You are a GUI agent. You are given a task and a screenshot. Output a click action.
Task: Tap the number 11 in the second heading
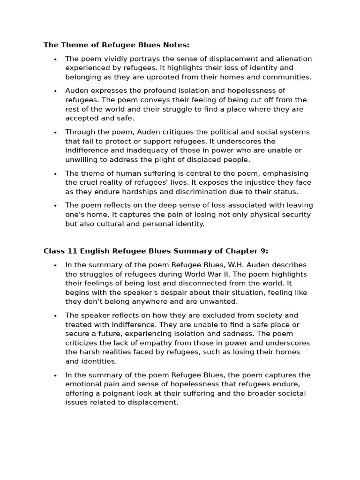pyautogui.click(x=70, y=251)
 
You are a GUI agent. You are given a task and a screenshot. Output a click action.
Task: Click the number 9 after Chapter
pyautogui.click(x=263, y=251)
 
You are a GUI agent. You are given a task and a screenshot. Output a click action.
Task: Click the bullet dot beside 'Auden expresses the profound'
pyautogui.click(x=55, y=91)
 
